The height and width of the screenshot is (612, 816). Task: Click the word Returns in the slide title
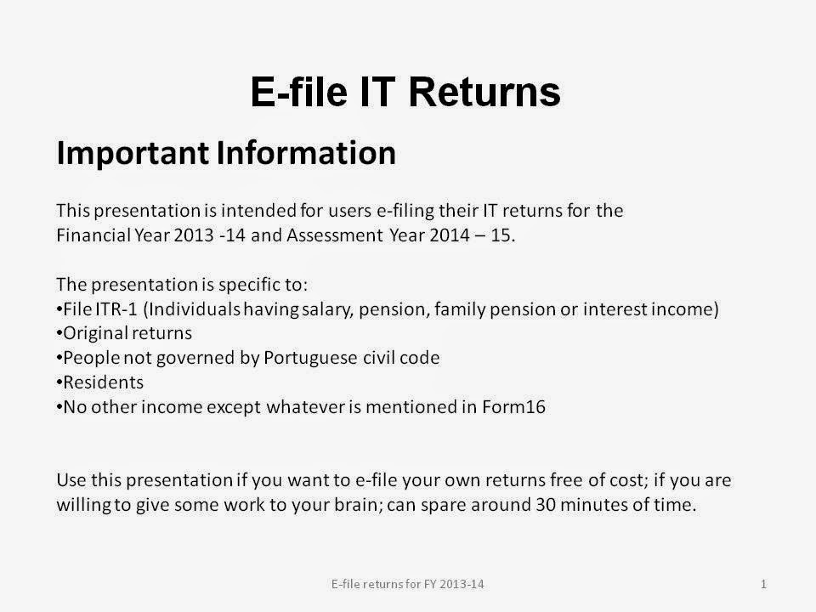[484, 92]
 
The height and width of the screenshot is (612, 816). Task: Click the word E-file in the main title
[299, 92]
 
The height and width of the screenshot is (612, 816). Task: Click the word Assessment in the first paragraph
[335, 235]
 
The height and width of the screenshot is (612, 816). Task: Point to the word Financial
[93, 235]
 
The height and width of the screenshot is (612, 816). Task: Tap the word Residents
[103, 382]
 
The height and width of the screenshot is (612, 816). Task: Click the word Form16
[513, 406]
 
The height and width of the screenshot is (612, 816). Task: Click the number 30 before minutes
[546, 505]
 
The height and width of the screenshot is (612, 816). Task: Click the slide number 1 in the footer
[763, 585]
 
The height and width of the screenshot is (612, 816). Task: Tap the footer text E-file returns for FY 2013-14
[407, 585]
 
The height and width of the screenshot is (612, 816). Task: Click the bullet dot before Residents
[59, 383]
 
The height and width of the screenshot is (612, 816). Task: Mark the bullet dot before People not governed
[59, 359]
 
